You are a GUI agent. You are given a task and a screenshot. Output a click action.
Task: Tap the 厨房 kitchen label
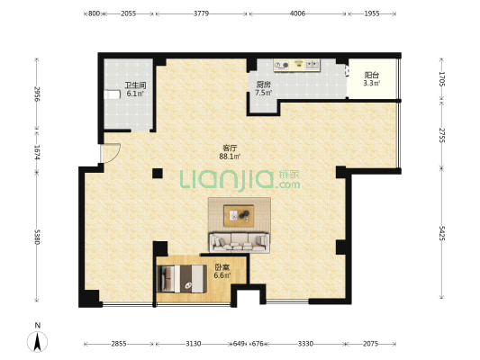263,85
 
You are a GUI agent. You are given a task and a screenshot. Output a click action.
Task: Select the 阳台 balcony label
372,76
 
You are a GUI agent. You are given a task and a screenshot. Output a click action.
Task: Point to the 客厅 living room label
230,148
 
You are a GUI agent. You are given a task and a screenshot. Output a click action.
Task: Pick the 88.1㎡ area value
230,157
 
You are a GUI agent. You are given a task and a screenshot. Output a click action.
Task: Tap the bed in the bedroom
181,279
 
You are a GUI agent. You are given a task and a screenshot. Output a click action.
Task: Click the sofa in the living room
239,243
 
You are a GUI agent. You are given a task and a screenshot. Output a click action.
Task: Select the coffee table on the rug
239,216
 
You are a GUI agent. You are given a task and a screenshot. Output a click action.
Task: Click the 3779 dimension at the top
201,13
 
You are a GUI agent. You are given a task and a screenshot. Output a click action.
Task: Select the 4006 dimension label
297,13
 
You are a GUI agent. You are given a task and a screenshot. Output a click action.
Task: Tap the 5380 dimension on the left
37,237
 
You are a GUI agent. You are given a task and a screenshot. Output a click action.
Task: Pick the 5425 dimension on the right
441,233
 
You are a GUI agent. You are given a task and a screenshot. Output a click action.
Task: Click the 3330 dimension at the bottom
305,344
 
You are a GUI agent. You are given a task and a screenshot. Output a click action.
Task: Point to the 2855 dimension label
119,344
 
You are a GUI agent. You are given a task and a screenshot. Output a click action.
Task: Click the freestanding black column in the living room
158,174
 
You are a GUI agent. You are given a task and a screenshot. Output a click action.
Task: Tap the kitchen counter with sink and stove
296,66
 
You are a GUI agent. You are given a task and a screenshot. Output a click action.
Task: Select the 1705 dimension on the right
441,79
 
